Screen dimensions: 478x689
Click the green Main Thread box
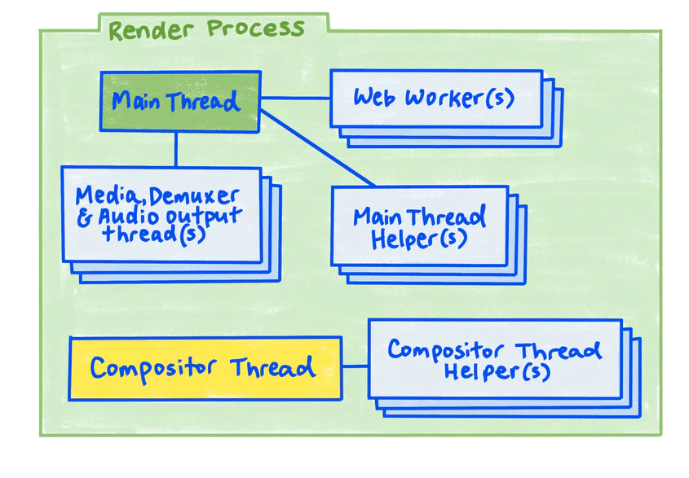click(179, 102)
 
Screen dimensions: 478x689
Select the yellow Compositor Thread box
click(205, 368)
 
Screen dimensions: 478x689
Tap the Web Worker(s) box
click(435, 99)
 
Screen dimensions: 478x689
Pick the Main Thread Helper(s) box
click(419, 226)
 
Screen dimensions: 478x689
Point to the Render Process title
click(206, 29)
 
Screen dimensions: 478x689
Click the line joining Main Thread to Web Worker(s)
click(294, 99)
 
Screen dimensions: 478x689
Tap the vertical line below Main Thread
click(176, 149)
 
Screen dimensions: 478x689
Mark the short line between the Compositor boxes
click(355, 366)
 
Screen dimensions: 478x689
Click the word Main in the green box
click(137, 102)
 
